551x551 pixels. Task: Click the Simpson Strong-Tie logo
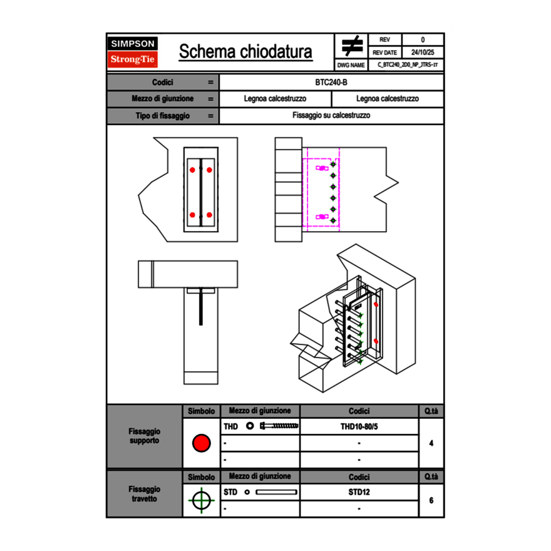click(133, 52)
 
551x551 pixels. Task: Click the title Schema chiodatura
click(245, 52)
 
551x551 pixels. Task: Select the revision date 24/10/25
click(423, 53)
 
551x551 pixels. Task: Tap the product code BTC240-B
click(331, 83)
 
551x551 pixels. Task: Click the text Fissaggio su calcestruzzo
click(331, 116)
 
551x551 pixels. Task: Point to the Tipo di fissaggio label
click(163, 116)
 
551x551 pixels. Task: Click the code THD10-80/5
click(359, 426)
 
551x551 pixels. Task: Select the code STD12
click(359, 492)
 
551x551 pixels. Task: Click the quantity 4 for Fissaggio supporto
click(431, 443)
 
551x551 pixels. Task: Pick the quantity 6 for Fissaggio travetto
click(431, 500)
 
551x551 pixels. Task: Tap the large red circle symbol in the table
click(201, 443)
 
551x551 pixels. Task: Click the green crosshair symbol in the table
click(201, 500)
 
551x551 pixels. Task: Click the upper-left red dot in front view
click(192, 170)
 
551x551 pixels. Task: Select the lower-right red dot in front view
click(210, 215)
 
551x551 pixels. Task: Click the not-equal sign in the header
click(353, 46)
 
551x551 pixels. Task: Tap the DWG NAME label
click(351, 65)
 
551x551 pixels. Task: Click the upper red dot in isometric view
click(376, 304)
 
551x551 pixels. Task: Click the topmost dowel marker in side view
click(333, 165)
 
